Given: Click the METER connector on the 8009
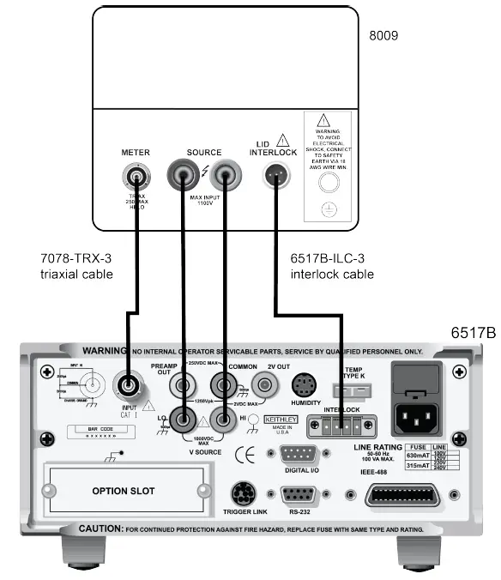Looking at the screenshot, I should click(x=136, y=178).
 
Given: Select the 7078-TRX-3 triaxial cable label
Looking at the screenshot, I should click(x=76, y=266).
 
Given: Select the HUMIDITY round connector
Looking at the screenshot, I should click(x=305, y=384).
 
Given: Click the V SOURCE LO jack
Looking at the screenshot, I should click(x=181, y=419).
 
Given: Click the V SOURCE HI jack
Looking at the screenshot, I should click(x=225, y=419).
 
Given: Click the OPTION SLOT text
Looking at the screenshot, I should click(x=123, y=491).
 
